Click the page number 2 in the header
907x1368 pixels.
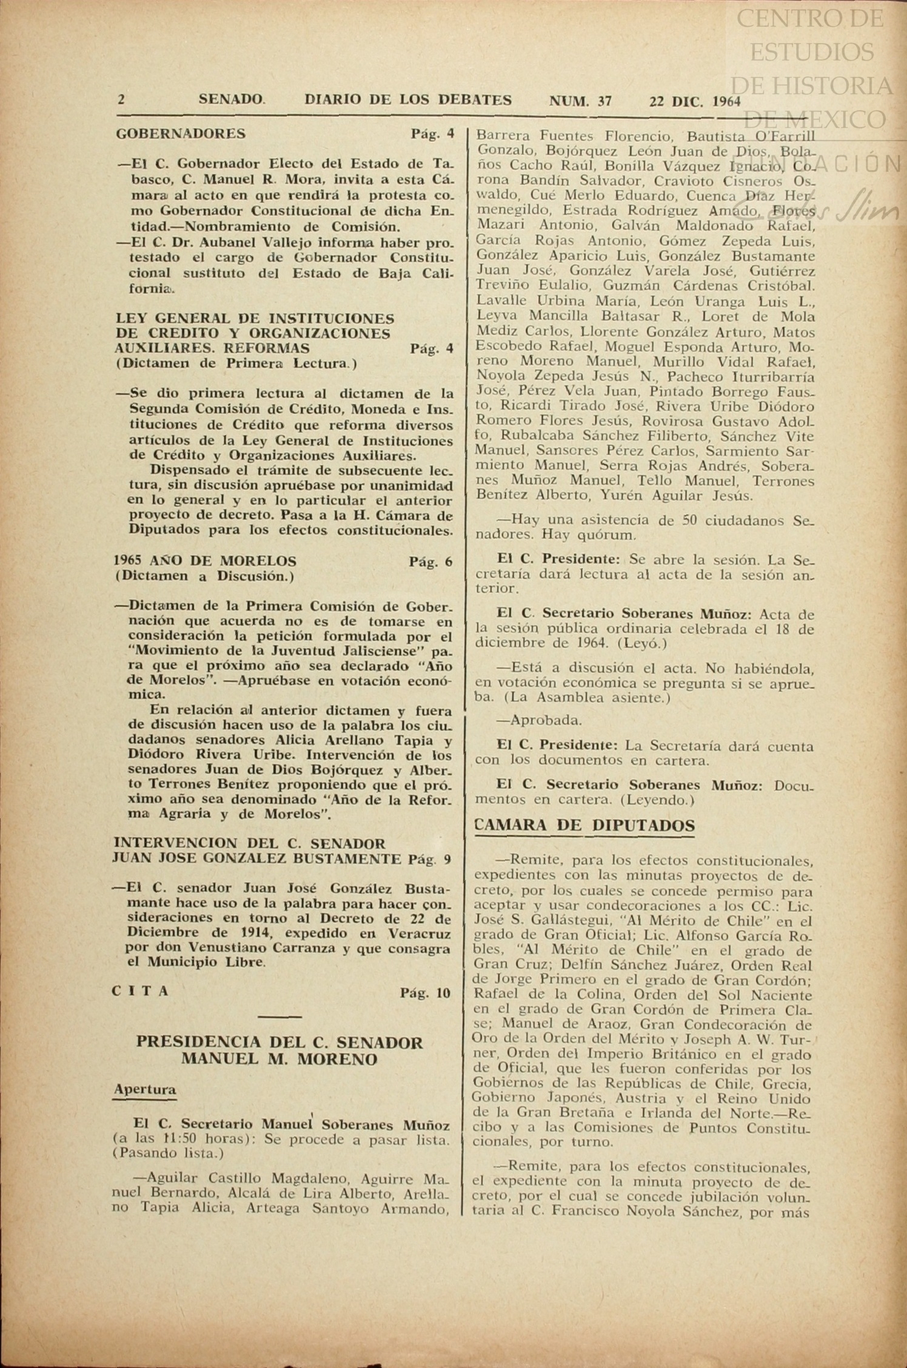coord(122,99)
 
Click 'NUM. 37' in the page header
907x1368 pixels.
coord(580,101)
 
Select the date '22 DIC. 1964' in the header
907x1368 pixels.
coord(695,102)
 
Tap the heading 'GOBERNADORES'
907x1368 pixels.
coord(181,133)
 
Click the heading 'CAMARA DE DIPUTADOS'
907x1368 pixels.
coord(584,826)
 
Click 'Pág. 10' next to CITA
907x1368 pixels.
coord(426,993)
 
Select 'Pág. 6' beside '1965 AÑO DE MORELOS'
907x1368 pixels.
coord(430,561)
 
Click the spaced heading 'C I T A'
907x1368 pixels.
coord(141,992)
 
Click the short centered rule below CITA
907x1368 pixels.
coord(279,1016)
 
